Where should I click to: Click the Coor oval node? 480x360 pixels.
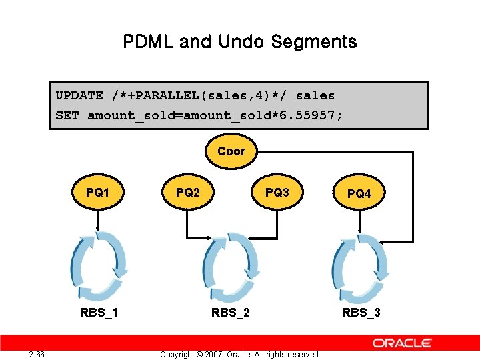(x=231, y=151)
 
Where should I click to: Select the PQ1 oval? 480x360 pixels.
(x=97, y=193)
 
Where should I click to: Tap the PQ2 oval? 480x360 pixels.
(x=187, y=193)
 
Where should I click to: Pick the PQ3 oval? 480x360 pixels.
(x=277, y=193)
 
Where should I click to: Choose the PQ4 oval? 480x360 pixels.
(x=359, y=194)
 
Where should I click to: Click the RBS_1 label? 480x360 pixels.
(x=99, y=312)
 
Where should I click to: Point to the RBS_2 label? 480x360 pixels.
(x=231, y=312)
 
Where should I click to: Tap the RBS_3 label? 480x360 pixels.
(x=361, y=312)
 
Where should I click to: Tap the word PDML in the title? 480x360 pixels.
(x=149, y=42)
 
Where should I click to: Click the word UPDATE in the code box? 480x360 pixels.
(x=79, y=95)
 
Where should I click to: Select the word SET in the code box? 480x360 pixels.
(x=67, y=115)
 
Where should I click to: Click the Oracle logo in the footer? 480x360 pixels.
(x=402, y=343)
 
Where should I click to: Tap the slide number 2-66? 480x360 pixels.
(x=37, y=354)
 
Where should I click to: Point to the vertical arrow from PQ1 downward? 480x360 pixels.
(x=97, y=219)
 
